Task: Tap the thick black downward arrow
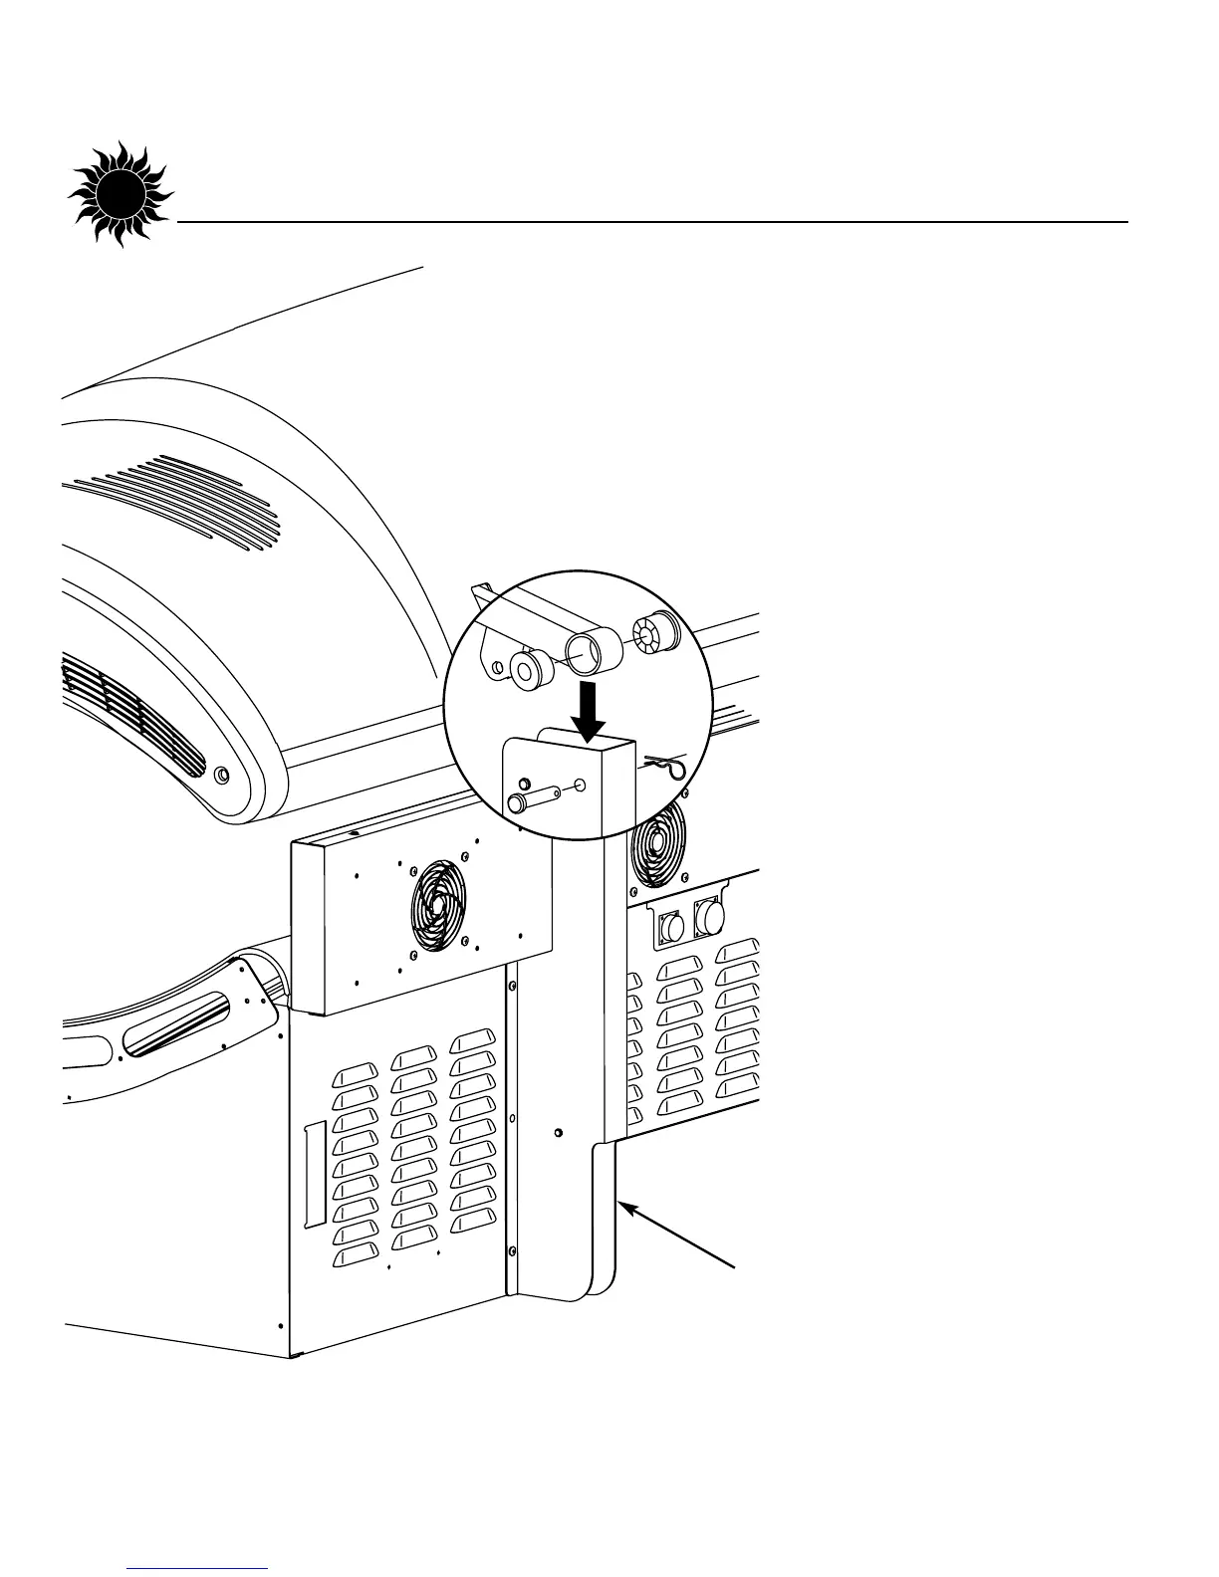[x=590, y=710]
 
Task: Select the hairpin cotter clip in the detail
[x=664, y=767]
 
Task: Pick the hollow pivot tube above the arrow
[x=594, y=651]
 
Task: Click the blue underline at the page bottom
[x=198, y=1569]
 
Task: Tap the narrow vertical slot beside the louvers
[x=314, y=1174]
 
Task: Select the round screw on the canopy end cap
[x=221, y=774]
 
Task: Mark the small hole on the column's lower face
[x=557, y=1133]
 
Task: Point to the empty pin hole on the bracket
[x=581, y=787]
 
